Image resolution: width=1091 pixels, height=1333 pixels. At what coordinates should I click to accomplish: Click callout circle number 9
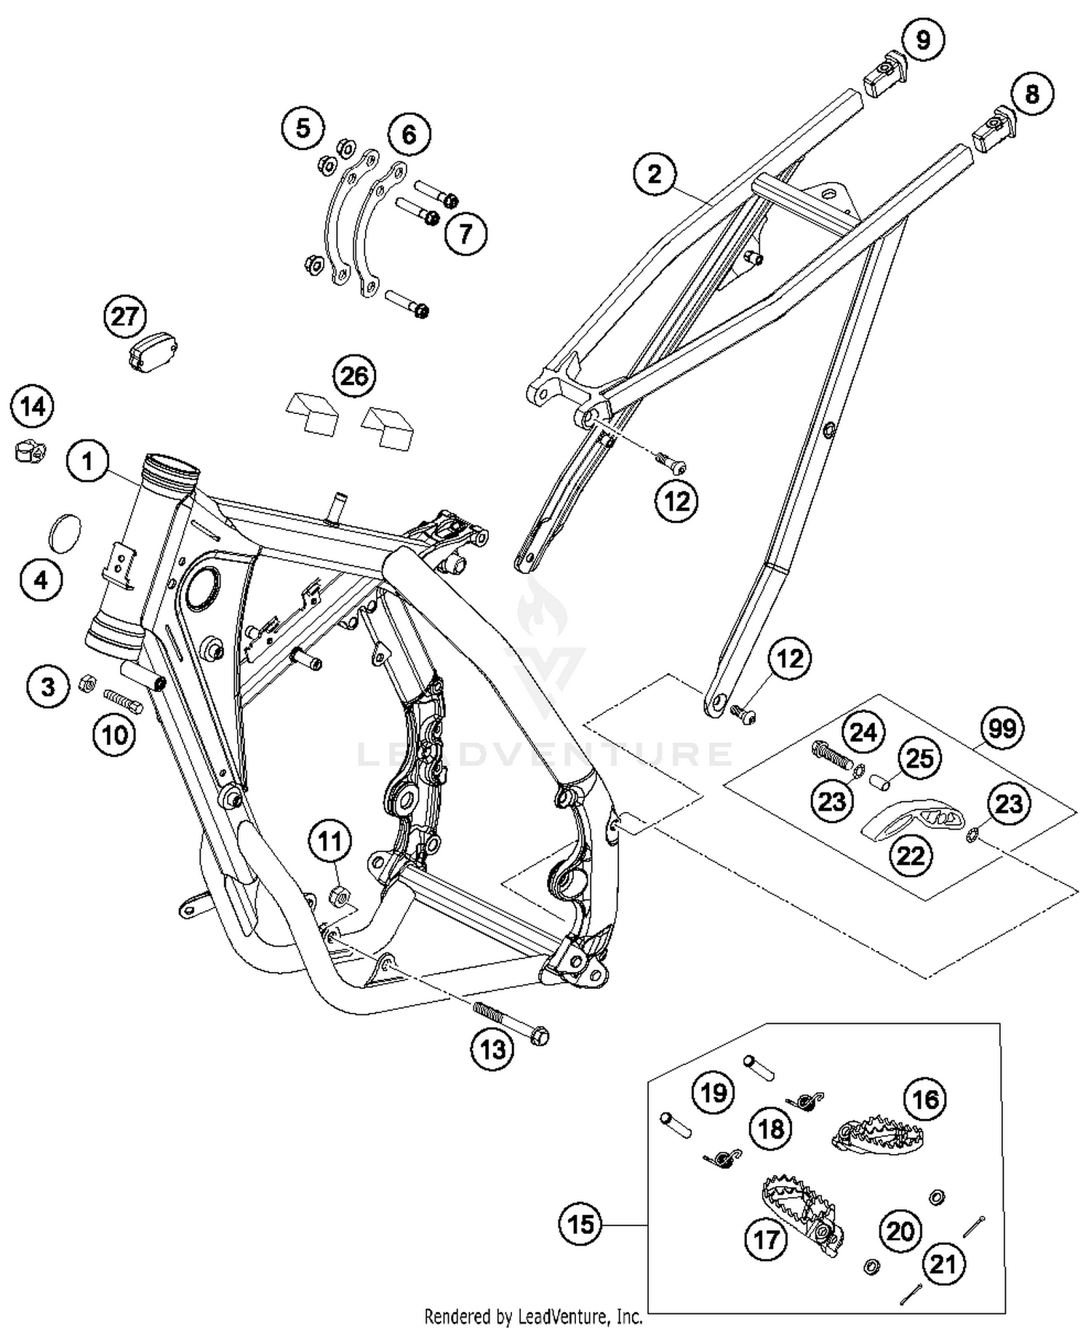[922, 39]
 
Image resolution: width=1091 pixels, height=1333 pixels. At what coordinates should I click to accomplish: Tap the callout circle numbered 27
[125, 317]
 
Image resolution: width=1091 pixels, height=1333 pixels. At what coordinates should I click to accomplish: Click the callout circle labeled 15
[581, 1225]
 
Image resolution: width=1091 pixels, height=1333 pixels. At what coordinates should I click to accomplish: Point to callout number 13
[492, 1049]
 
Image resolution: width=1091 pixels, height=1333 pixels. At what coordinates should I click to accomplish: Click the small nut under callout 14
[30, 453]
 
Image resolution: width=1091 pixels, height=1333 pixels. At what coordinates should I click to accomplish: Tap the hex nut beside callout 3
[86, 683]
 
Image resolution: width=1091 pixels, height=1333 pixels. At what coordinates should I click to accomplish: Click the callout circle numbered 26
[354, 376]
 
